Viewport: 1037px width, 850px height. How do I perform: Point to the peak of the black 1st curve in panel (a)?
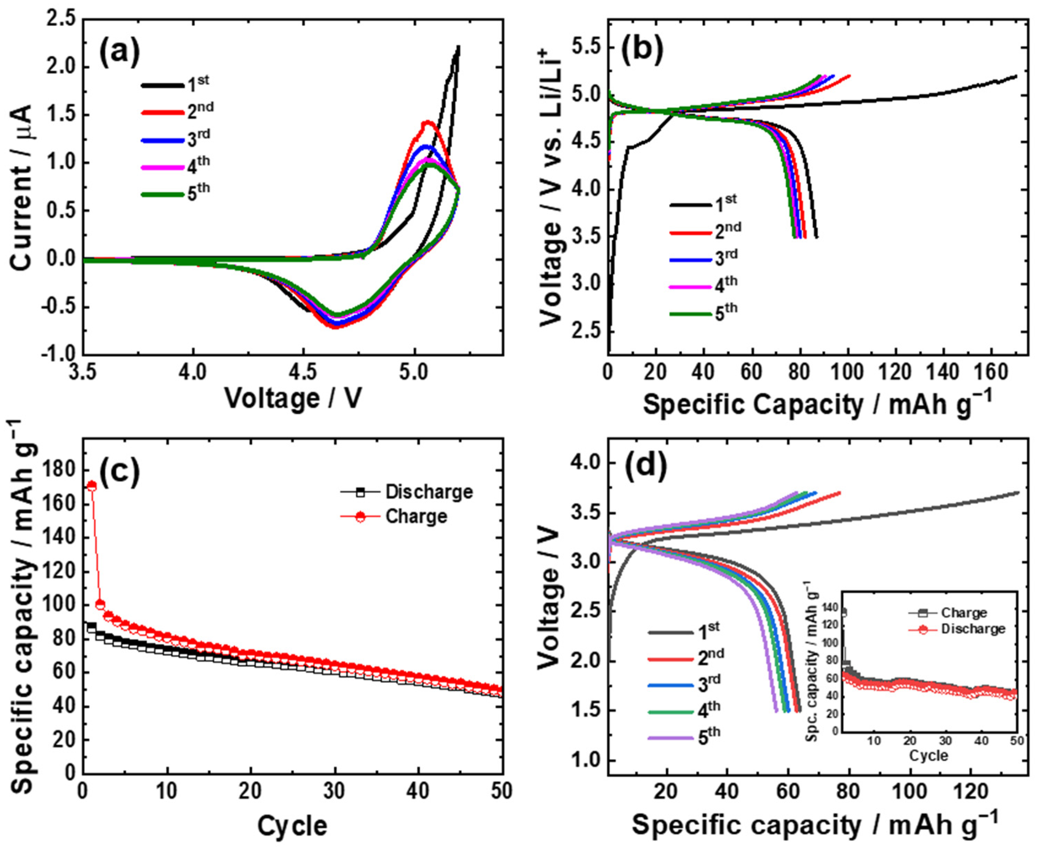pos(458,47)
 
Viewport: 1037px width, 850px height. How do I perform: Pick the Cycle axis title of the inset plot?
pos(928,769)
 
